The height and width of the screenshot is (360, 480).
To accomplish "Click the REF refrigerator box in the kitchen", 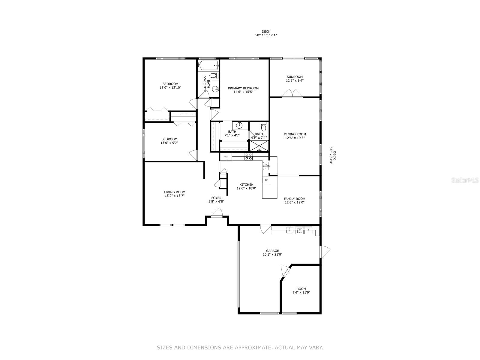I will [x=226, y=157].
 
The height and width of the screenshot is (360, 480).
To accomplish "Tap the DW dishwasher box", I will [x=266, y=180].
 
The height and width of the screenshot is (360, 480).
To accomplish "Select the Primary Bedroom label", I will [x=243, y=88].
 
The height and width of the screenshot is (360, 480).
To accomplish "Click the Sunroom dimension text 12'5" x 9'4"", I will [x=295, y=81].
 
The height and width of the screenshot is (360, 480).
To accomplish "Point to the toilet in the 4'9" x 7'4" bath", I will [x=264, y=124].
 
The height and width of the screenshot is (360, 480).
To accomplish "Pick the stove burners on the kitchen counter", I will [x=248, y=157].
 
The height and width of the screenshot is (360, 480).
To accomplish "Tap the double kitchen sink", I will [x=266, y=166].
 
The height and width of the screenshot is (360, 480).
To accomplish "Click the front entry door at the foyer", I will [x=216, y=213].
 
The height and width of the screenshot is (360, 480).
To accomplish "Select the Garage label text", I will [x=272, y=251].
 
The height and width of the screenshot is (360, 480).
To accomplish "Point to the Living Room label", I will [x=174, y=192].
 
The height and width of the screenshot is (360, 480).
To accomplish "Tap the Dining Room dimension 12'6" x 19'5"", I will [x=295, y=138].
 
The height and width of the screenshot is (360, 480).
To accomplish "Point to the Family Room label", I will [x=295, y=199].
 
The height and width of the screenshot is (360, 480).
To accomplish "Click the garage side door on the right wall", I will [x=325, y=251].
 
